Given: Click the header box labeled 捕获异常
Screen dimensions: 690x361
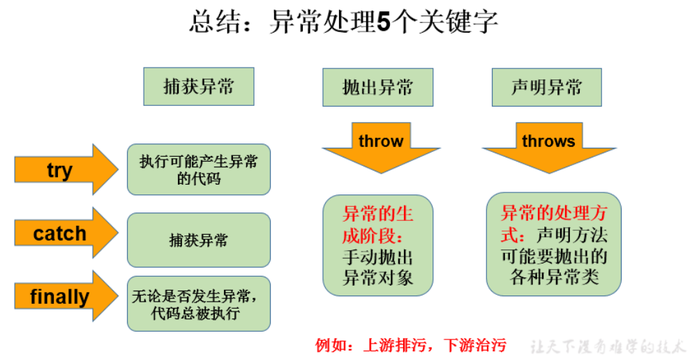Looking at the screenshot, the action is coord(198,86).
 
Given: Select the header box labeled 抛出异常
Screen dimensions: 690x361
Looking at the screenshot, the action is coord(377,86).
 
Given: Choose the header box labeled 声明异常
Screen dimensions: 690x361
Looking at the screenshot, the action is coord(546,86).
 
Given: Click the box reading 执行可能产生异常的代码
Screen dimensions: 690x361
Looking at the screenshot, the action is coord(198,169).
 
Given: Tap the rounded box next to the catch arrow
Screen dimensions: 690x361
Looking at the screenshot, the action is coord(198,240).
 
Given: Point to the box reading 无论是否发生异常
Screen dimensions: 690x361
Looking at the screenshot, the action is coord(198,304).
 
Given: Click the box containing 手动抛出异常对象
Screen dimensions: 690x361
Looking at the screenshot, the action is coord(377,267).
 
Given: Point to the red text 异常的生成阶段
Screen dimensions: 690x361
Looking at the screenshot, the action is coord(377,224).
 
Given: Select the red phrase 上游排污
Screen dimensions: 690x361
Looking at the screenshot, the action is coord(391,345).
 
